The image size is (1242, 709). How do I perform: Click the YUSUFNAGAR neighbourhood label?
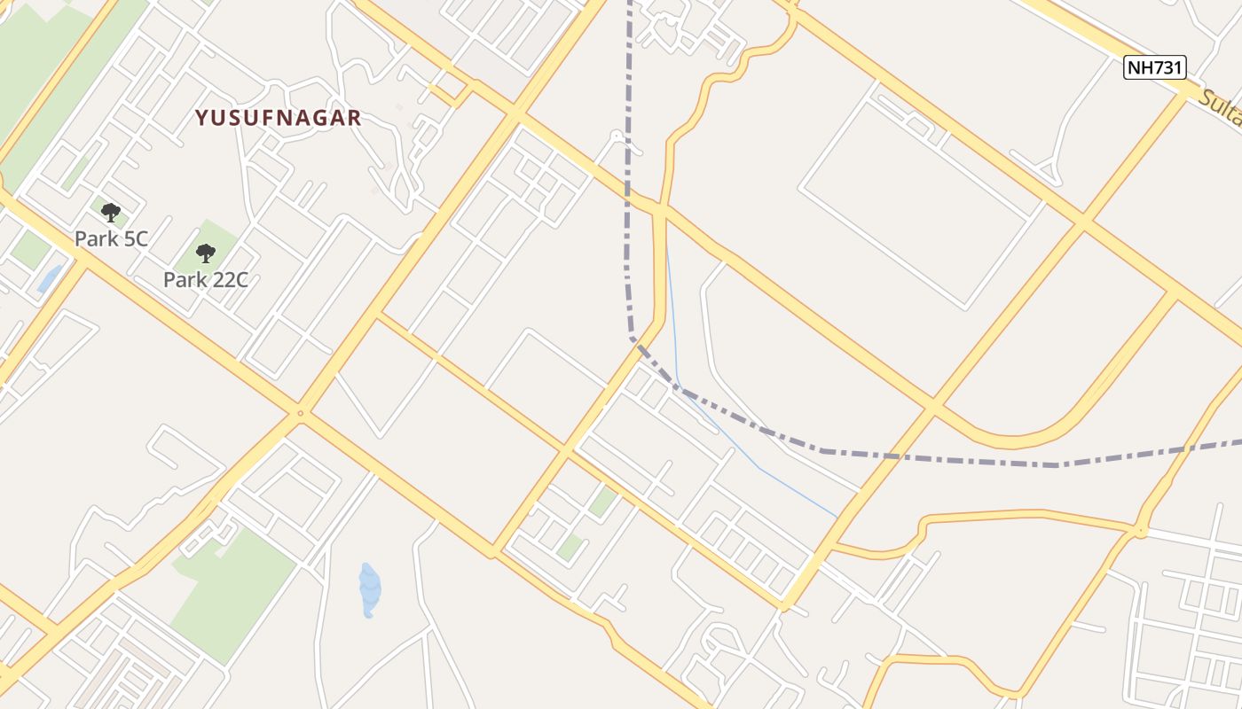(x=278, y=118)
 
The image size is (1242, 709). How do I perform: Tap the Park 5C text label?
(x=111, y=238)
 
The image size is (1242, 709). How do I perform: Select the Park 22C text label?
(x=205, y=280)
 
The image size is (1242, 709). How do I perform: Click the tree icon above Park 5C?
(x=111, y=213)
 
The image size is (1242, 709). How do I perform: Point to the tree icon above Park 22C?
(x=206, y=253)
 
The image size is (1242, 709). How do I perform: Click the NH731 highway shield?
(x=1154, y=67)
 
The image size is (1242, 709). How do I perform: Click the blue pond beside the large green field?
(x=369, y=588)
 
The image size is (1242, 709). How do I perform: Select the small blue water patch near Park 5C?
(x=50, y=278)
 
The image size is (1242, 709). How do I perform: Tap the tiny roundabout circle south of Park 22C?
(x=301, y=413)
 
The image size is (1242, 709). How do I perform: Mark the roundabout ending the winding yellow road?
(x=1141, y=532)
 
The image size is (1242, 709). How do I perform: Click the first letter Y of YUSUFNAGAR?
(x=201, y=118)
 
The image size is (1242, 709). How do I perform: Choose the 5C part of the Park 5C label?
(x=133, y=238)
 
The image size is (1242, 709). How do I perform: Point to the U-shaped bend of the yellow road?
(x=1011, y=438)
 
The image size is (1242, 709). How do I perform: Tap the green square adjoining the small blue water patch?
(x=29, y=250)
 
